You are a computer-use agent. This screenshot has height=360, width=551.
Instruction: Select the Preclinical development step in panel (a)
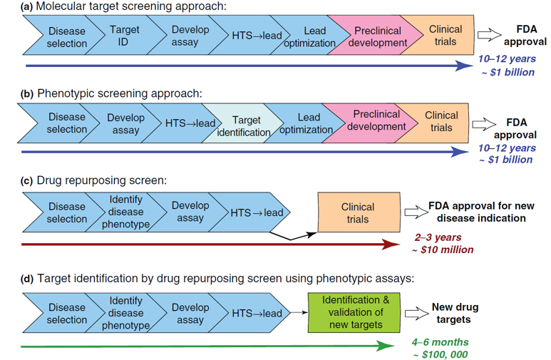378,36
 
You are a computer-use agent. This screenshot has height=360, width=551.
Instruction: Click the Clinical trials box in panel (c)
358,212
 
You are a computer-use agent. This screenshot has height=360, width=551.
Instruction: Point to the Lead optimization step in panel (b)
308,123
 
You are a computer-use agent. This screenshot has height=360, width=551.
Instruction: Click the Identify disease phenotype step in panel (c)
126,212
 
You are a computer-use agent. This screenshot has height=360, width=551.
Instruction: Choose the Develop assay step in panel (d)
190,314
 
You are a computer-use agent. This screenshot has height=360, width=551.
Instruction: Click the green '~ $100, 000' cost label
439,354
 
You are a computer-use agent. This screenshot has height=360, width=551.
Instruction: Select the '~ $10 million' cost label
443,250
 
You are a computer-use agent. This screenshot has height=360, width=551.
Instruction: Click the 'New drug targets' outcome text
455,313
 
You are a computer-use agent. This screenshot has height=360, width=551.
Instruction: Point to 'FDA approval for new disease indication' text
481,212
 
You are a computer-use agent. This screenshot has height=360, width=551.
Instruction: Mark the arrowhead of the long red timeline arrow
391,245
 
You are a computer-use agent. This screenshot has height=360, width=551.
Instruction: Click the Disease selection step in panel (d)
66,314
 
